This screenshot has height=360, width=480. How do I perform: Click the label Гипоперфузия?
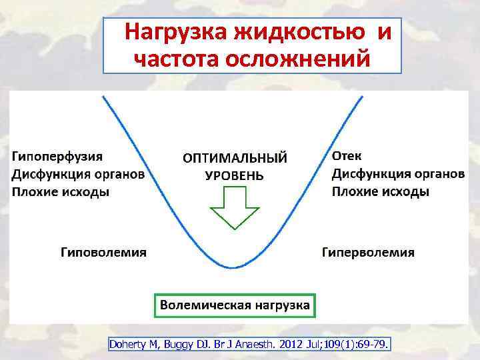(x=57, y=156)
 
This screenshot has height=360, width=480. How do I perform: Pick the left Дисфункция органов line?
(x=77, y=174)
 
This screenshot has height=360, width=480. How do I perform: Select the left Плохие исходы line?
(x=61, y=192)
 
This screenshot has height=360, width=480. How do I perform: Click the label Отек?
(x=347, y=155)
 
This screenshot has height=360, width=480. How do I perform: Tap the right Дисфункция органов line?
(x=398, y=173)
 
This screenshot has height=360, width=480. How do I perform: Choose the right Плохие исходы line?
(x=381, y=191)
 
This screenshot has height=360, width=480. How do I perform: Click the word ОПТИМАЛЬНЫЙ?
(x=235, y=159)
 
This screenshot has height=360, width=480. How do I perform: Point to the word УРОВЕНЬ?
(x=234, y=177)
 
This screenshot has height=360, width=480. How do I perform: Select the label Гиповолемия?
(x=104, y=253)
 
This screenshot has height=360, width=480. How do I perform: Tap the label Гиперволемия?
(x=368, y=253)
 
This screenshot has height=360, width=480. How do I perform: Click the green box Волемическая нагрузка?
(x=234, y=305)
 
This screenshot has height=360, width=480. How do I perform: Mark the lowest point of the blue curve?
(x=233, y=267)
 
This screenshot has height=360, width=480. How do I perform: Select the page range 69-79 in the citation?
(x=374, y=344)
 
